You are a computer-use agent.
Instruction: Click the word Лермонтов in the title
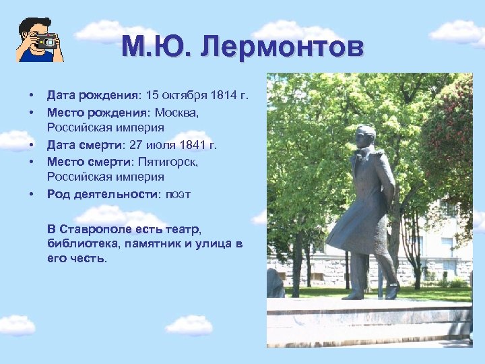(x=282, y=48)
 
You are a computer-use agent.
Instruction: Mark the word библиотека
(x=77, y=243)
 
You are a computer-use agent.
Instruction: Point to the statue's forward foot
(x=352, y=295)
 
